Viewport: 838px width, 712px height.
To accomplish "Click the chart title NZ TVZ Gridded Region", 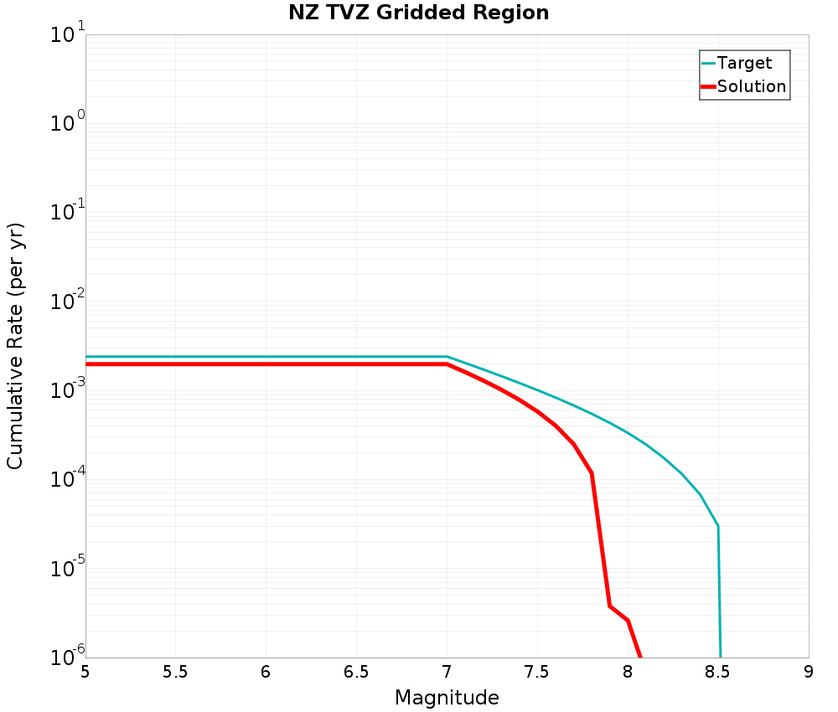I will pos(419,13).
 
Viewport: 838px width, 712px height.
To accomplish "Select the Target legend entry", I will pos(744,63).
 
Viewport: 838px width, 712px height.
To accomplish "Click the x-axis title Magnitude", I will pos(447,698).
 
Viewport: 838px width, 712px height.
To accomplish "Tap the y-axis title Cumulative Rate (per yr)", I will pos(15,346).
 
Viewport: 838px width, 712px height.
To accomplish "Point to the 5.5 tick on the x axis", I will pos(175,672).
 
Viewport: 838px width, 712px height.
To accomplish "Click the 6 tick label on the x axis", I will pos(266,672).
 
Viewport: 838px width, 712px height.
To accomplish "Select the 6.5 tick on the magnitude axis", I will pos(356,672).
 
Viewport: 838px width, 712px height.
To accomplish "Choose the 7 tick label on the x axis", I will pos(447,672).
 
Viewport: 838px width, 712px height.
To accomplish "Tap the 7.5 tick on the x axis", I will pos(537,672).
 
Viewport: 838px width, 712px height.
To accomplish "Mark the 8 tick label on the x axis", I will pos(628,672).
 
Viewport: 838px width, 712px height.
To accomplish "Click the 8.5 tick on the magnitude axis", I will pos(718,672).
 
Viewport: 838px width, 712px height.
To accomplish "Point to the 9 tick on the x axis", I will pos(809,672).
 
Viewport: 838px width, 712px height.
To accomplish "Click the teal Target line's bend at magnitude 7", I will pos(447,357).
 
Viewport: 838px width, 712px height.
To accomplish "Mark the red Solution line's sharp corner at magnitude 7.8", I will pos(592,473).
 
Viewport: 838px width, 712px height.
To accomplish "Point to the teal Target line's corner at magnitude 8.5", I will pos(718,526).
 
